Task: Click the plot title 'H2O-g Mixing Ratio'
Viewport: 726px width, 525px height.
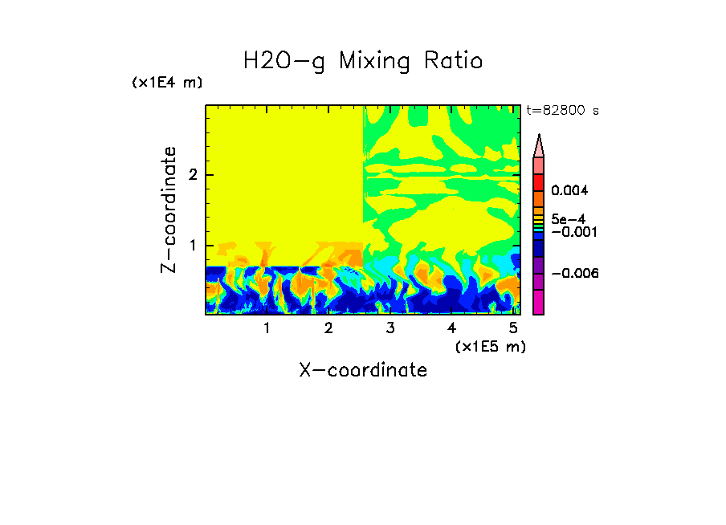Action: pos(363,61)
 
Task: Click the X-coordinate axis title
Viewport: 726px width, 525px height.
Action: pos(363,370)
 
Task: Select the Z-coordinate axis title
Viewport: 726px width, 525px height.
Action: pos(169,210)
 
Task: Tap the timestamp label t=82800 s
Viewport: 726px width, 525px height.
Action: pos(563,111)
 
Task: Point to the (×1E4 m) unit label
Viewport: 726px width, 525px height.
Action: pos(167,83)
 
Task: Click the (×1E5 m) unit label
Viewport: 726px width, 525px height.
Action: pos(490,346)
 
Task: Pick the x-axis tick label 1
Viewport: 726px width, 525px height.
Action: pos(267,328)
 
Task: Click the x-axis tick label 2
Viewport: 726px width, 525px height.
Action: pos(328,328)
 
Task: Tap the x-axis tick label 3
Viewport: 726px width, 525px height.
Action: pos(390,328)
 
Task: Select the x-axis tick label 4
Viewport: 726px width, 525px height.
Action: pos(451,328)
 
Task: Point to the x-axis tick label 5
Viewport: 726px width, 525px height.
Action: pos(512,328)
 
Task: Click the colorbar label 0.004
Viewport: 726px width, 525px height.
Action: pos(569,191)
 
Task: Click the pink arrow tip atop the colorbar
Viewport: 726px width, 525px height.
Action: pos(539,145)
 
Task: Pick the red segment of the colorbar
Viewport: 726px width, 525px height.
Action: pos(539,181)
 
